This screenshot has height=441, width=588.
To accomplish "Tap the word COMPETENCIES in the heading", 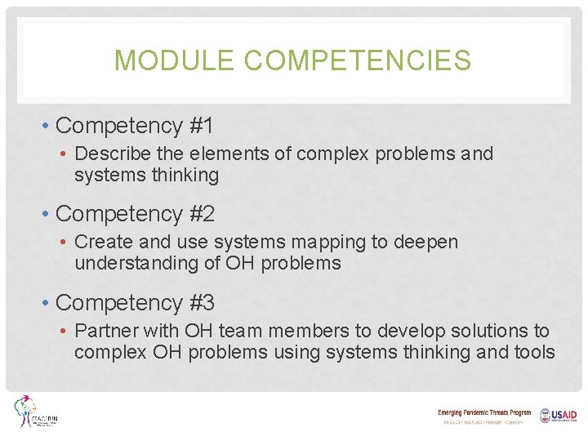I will click(357, 60).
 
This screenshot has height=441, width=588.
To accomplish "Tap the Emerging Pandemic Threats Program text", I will click(484, 413).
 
